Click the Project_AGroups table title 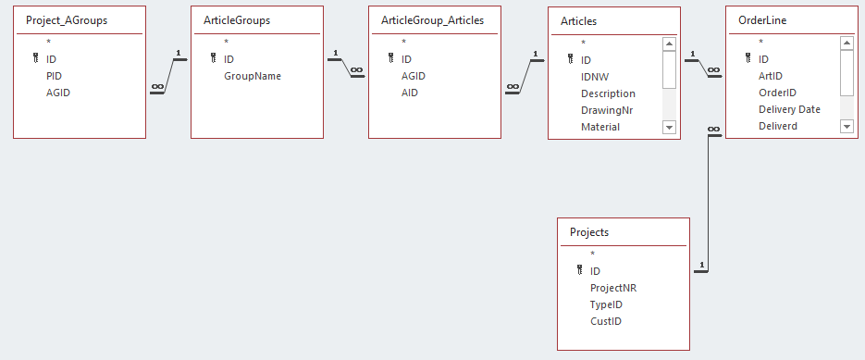(x=67, y=21)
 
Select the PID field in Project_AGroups (x=54, y=76)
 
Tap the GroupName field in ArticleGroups (x=253, y=76)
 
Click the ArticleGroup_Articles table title (x=433, y=20)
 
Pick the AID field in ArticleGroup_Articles (x=409, y=93)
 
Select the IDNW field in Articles (x=595, y=77)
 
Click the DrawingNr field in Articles (x=607, y=110)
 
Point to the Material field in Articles (x=600, y=127)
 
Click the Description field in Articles (x=608, y=93)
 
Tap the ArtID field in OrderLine (x=770, y=76)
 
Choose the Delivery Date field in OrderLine (x=789, y=109)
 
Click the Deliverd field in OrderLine (x=778, y=126)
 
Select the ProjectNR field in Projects (x=613, y=288)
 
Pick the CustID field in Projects (x=606, y=321)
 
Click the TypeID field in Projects (x=607, y=304)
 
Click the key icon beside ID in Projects (x=580, y=270)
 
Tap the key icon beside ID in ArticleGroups (x=214, y=58)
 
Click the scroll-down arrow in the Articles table (x=669, y=127)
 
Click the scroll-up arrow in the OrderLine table (x=846, y=43)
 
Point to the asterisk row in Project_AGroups (x=48, y=42)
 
